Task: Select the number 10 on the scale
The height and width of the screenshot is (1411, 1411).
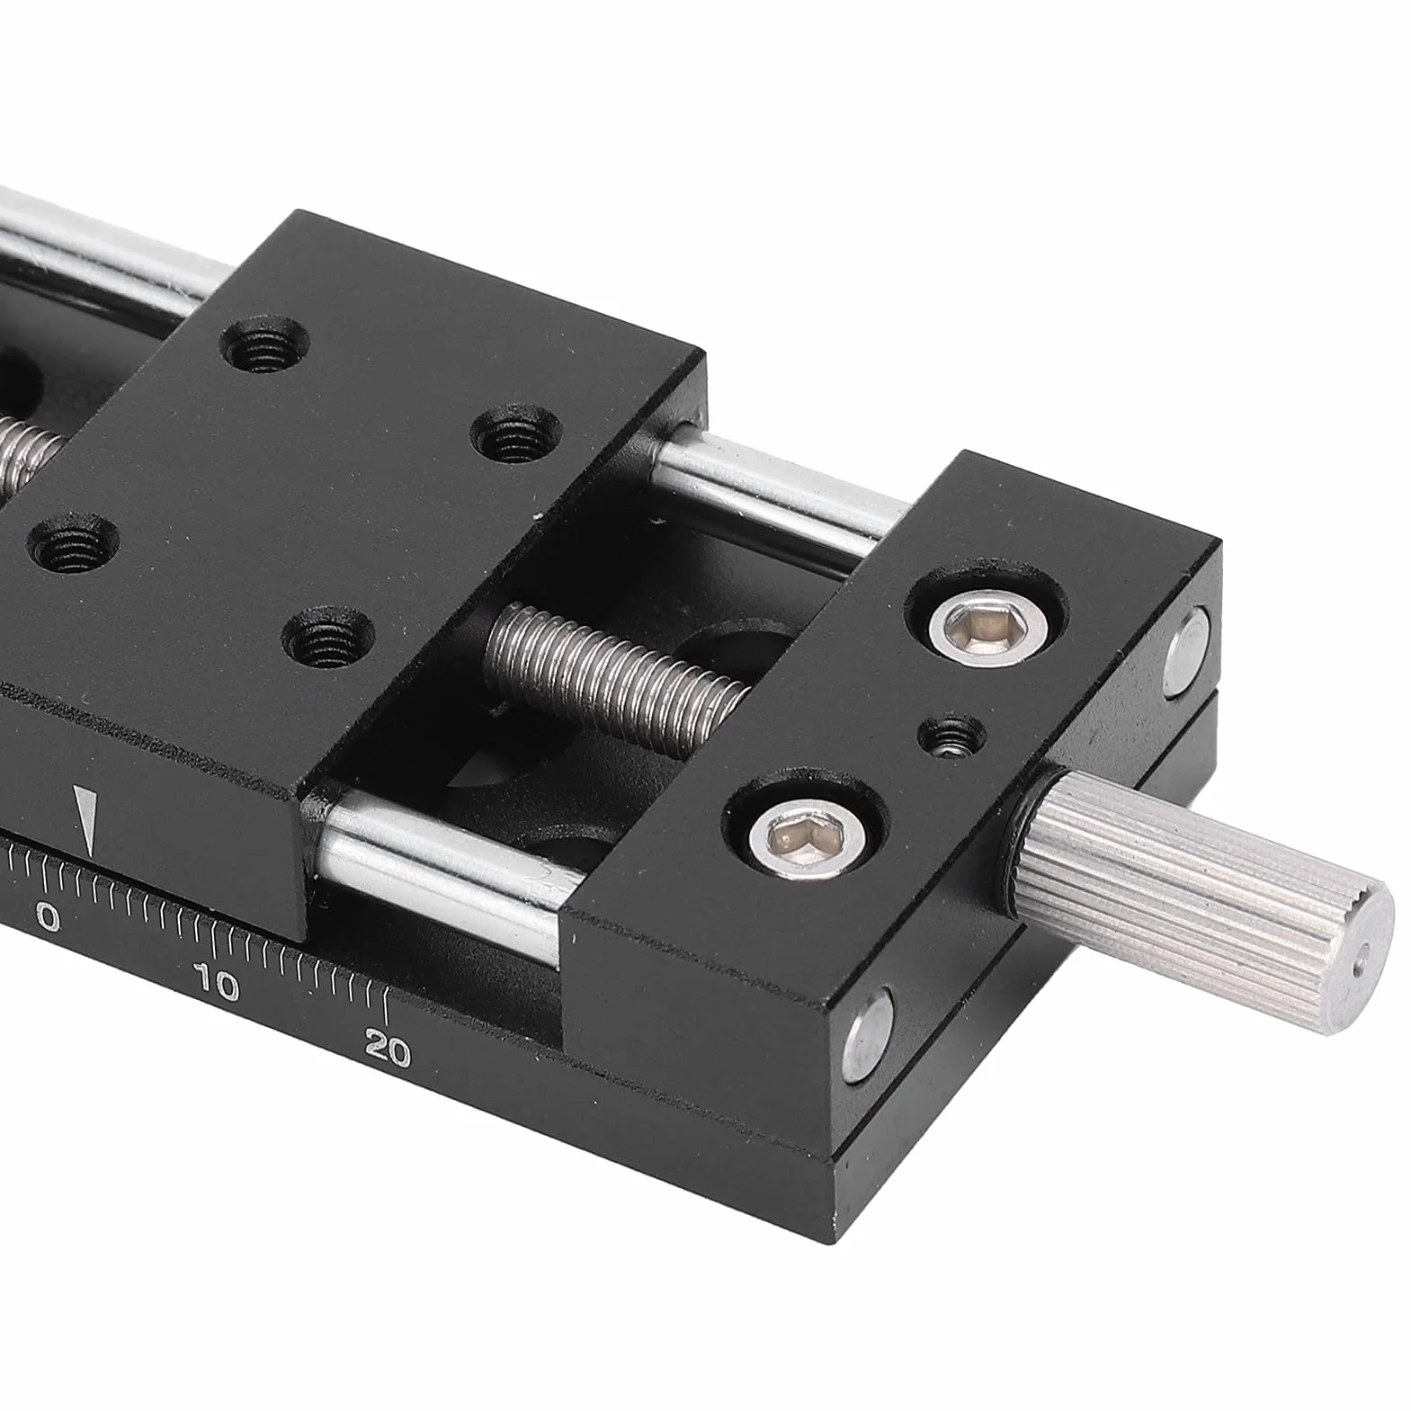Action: (x=217, y=987)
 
